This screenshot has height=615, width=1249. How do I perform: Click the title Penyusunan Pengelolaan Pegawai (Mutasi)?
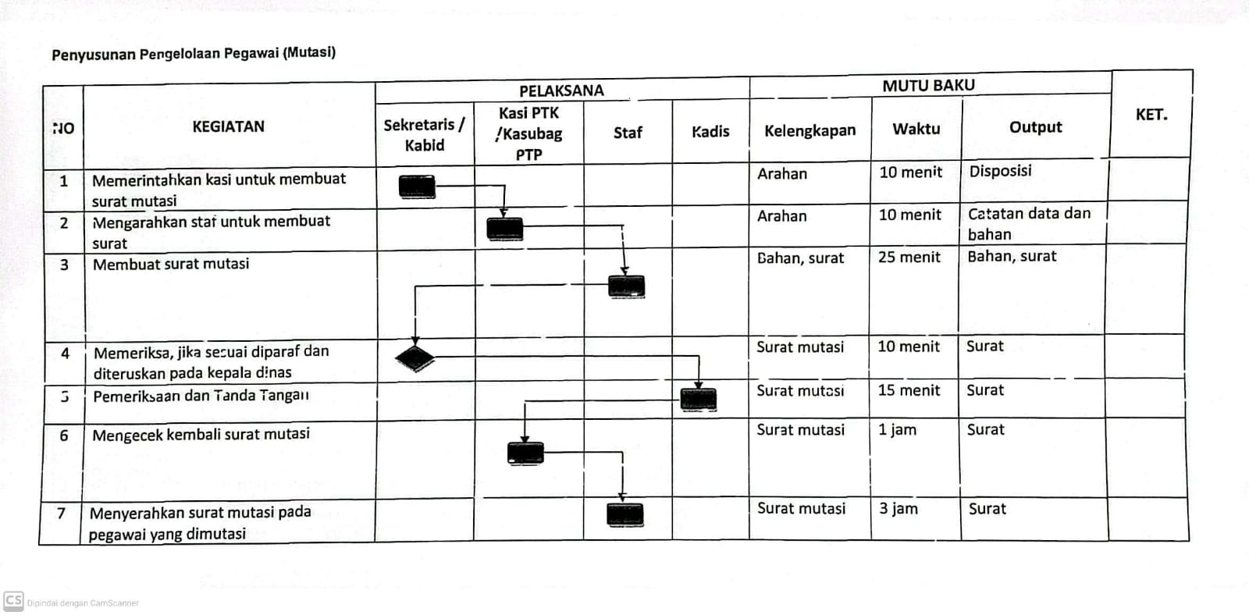(x=194, y=54)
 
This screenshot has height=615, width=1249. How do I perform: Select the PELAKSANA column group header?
(x=561, y=91)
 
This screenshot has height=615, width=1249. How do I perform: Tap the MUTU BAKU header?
(x=928, y=85)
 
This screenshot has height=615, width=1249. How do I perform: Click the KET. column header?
(x=1151, y=115)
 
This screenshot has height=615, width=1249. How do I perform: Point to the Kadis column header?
(x=710, y=132)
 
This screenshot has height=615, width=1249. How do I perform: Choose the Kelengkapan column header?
(x=810, y=130)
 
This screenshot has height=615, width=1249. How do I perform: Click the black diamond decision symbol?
(x=415, y=358)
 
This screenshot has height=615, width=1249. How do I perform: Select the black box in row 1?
(x=417, y=187)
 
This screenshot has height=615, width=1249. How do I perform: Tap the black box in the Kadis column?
(x=699, y=400)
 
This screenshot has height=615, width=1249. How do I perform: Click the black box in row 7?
(x=625, y=514)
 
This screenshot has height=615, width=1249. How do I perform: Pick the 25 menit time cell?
(x=909, y=257)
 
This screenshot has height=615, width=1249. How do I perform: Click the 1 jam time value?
(x=897, y=430)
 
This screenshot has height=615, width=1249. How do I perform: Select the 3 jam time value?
(x=898, y=509)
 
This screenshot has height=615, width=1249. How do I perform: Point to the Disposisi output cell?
(x=1000, y=171)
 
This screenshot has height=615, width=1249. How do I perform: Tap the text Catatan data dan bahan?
(x=1030, y=223)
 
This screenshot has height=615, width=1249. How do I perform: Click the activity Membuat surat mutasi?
(x=171, y=264)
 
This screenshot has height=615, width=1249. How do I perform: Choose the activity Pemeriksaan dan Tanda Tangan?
(x=201, y=396)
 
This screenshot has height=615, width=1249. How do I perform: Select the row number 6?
(x=64, y=435)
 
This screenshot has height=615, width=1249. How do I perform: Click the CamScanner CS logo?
(x=13, y=601)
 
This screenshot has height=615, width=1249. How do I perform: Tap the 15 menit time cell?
(x=909, y=390)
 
